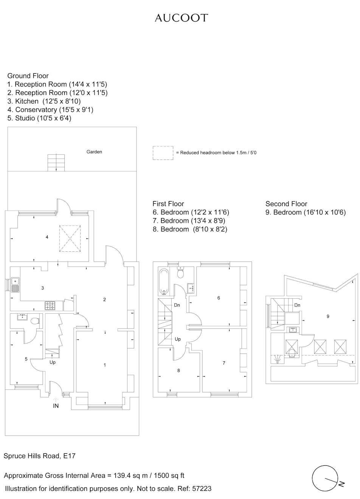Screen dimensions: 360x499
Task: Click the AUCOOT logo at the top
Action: [182, 18]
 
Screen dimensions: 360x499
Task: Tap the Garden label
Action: [94, 152]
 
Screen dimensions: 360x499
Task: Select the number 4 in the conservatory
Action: [47, 237]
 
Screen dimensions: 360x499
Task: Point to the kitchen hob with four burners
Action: [50, 305]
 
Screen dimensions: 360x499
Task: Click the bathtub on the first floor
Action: [164, 282]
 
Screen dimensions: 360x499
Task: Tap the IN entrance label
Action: [56, 406]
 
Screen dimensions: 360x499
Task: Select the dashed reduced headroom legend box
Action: [163, 153]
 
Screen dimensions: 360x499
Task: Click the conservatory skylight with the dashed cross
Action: [70, 239]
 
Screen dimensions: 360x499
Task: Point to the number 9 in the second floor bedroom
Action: [328, 316]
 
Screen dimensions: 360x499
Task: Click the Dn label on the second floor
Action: [297, 305]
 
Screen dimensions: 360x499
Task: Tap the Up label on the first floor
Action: [178, 339]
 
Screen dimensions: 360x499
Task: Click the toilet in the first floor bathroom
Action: [180, 273]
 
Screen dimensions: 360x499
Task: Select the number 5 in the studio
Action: [26, 359]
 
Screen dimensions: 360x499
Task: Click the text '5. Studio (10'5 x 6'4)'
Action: [39, 118]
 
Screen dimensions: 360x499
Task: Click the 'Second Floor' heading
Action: [286, 204]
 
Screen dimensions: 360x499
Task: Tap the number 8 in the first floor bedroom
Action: [178, 370]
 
